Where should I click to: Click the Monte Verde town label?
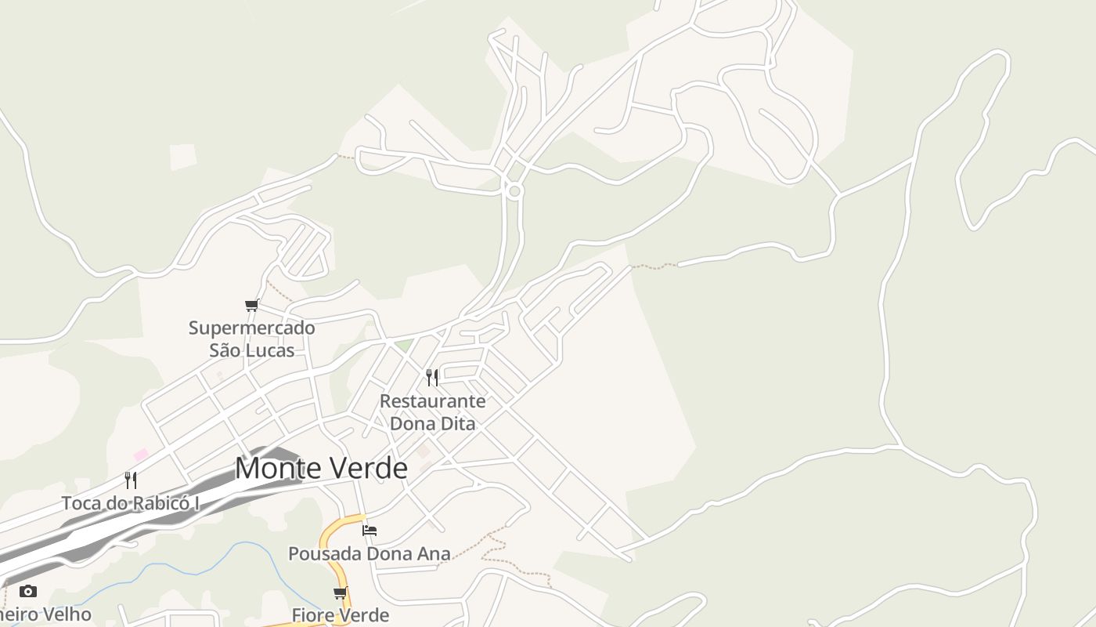321,468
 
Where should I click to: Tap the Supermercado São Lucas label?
251,339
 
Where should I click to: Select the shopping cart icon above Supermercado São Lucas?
251,305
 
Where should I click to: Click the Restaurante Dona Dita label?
432,412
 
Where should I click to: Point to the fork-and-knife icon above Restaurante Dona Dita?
432,378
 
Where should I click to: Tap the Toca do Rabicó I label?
130,503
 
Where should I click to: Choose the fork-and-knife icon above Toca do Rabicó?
131,480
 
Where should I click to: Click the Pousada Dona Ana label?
369,553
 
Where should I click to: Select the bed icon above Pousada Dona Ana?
370,531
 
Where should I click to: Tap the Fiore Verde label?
340,615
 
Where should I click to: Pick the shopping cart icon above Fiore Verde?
340,593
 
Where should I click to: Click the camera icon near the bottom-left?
28,591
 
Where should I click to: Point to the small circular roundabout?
514,190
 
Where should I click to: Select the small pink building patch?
141,454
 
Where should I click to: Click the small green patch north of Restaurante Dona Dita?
402,345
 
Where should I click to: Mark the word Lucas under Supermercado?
271,350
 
